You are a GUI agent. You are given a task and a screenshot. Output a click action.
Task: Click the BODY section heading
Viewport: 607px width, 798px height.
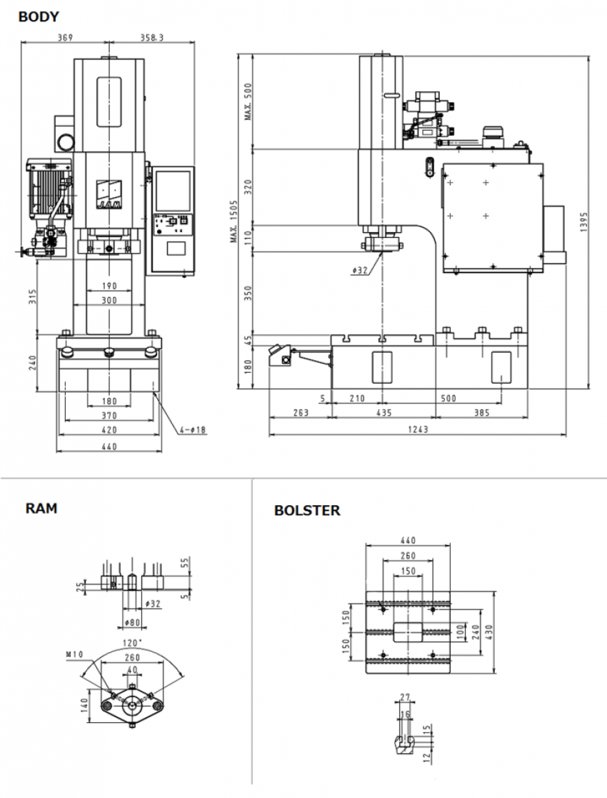click(x=39, y=16)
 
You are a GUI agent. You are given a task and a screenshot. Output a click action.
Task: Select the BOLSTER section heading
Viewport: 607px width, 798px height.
click(x=307, y=511)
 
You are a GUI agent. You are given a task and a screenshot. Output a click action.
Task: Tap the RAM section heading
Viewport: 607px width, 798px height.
click(x=41, y=509)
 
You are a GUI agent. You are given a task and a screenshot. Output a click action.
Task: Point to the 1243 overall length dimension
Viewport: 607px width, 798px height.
click(x=418, y=429)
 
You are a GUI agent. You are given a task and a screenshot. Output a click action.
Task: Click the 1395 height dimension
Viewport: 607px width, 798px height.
click(x=583, y=222)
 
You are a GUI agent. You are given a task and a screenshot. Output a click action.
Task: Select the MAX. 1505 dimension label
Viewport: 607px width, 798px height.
click(x=234, y=221)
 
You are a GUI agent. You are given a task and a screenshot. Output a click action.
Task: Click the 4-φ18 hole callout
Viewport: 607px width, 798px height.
click(x=194, y=429)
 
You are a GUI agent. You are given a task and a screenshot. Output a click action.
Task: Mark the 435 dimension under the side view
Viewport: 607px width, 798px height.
click(x=383, y=414)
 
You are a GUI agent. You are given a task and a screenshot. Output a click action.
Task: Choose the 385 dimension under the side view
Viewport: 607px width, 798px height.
click(x=481, y=414)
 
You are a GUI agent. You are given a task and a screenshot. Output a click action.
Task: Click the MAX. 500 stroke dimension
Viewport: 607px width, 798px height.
click(x=249, y=101)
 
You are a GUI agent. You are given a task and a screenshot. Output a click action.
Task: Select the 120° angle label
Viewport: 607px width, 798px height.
click(x=133, y=643)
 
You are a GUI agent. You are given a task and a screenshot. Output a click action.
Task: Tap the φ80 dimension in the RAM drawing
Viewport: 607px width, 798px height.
click(x=132, y=622)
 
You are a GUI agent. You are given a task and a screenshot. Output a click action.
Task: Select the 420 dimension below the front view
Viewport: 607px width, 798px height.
click(x=109, y=431)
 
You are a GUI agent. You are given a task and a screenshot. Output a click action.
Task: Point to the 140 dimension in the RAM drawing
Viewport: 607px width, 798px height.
click(x=84, y=706)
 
